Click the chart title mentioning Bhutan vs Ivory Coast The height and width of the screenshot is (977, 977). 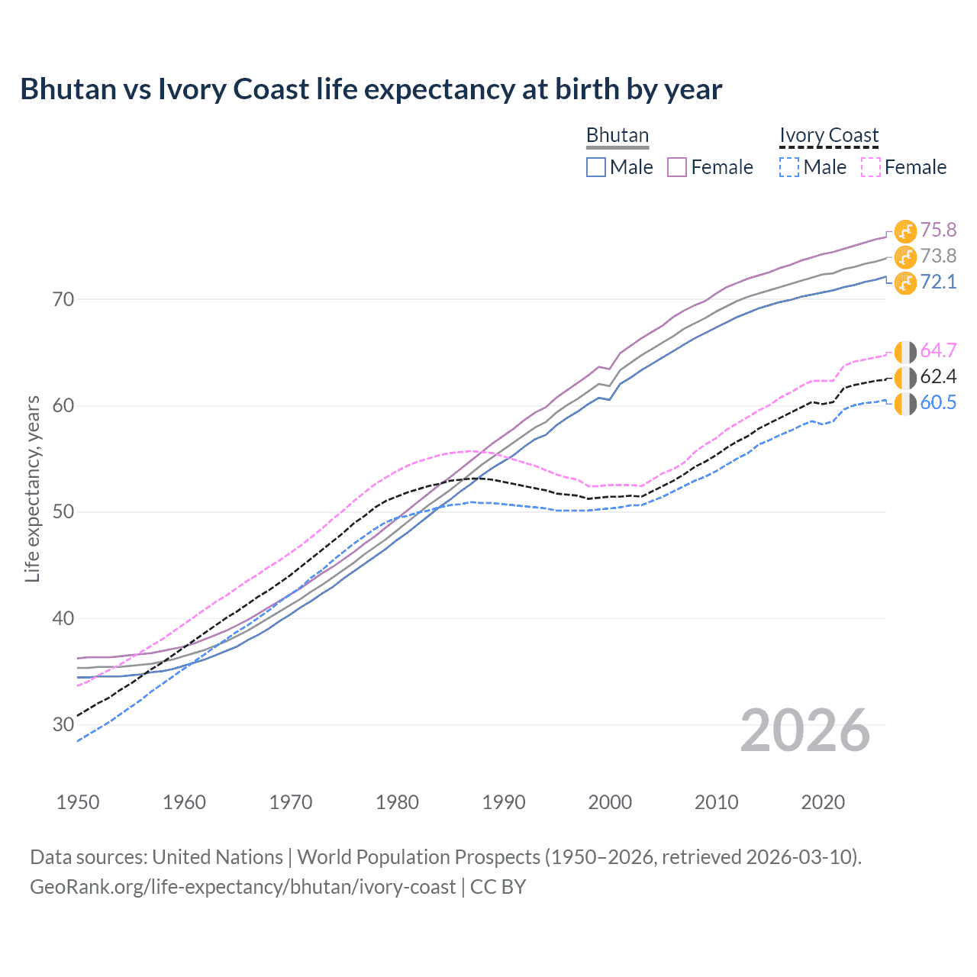(371, 89)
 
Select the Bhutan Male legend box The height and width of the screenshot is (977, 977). (596, 167)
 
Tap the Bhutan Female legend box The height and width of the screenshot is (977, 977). (677, 167)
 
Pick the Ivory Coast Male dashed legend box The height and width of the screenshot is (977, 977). (789, 167)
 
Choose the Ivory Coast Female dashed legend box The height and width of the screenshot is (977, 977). (870, 167)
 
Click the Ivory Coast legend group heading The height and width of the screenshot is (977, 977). (829, 136)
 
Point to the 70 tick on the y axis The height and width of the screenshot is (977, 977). (63, 299)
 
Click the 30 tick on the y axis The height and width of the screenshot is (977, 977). (63, 724)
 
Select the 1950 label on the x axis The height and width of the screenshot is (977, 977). (78, 802)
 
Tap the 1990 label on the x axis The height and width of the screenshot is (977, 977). (504, 802)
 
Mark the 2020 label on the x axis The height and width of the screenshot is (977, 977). (823, 802)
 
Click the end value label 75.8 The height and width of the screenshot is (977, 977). (938, 230)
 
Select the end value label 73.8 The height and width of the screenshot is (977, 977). (938, 256)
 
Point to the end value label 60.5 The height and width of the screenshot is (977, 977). (938, 402)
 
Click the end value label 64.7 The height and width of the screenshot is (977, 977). (938, 350)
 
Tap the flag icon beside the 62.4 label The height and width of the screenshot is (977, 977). (905, 377)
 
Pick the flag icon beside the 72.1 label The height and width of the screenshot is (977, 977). (905, 282)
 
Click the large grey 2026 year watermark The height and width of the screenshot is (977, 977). (805, 730)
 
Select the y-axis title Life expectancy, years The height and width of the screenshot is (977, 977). (33, 488)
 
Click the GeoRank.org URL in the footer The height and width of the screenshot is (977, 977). (243, 887)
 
